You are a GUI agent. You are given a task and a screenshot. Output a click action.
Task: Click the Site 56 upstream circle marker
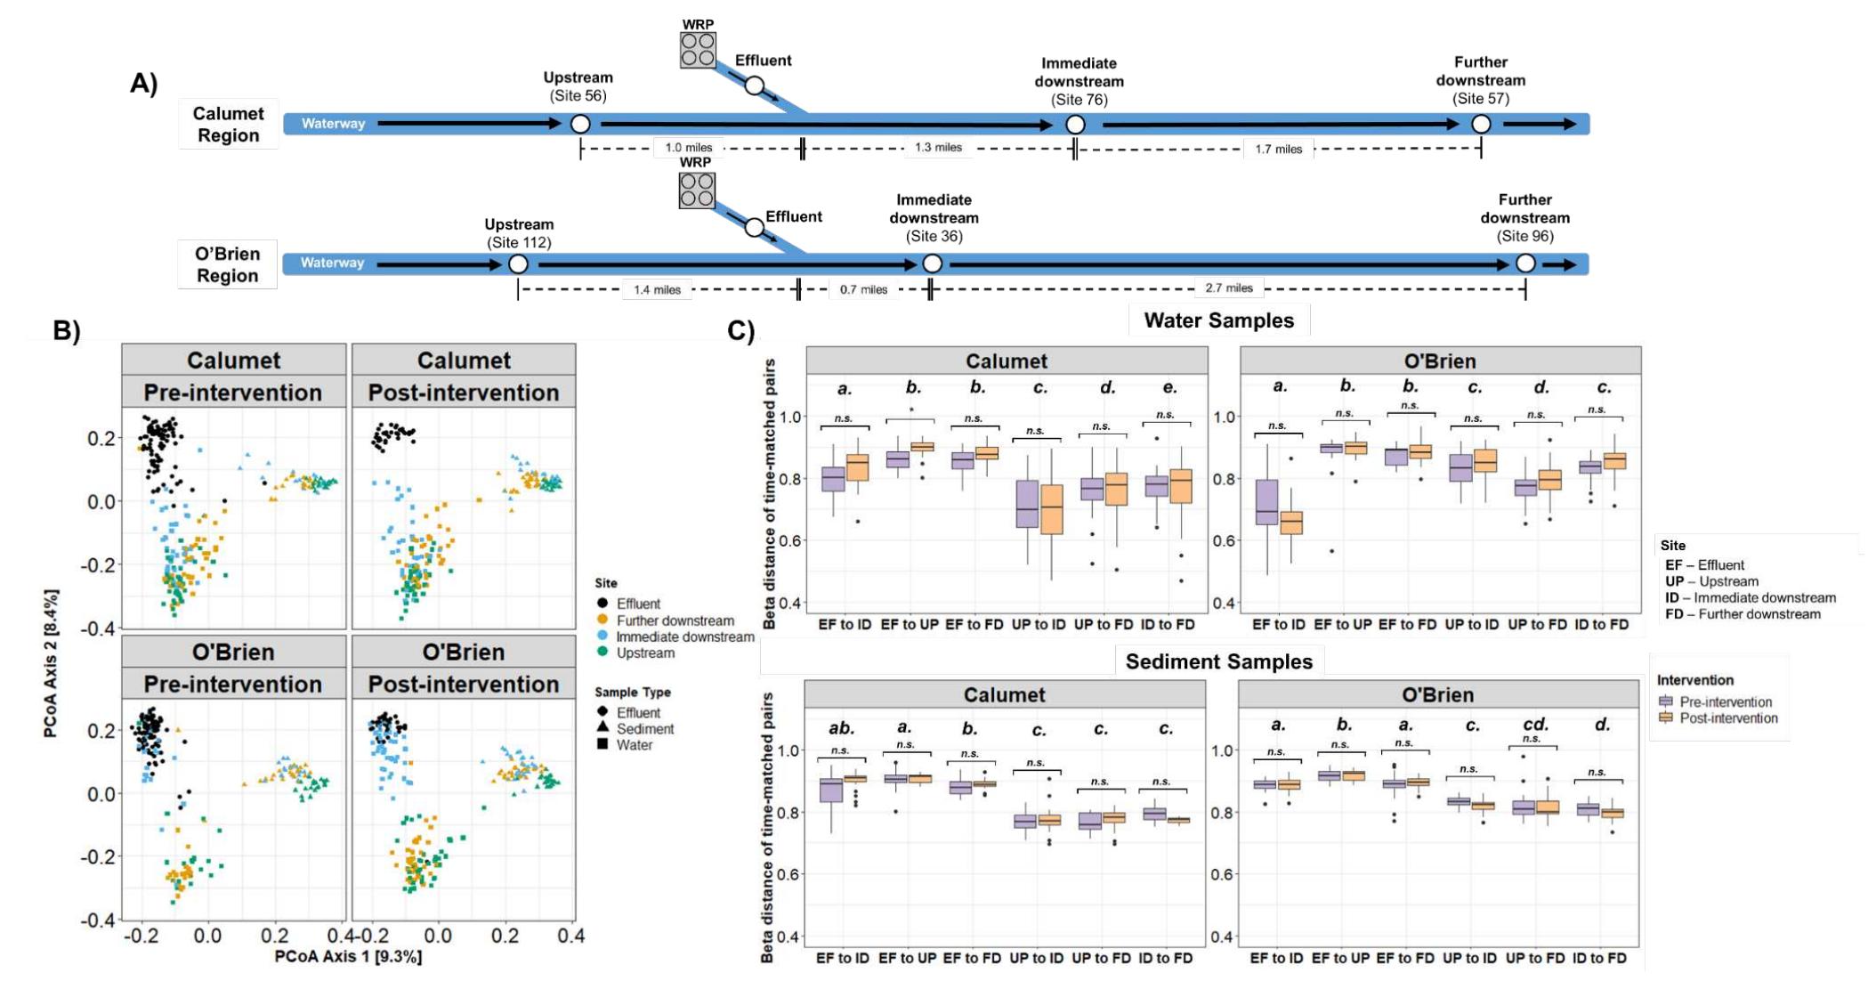[580, 124]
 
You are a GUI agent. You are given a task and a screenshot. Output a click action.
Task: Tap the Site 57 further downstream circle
[1481, 124]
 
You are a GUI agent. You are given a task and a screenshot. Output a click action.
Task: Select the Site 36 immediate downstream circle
[932, 263]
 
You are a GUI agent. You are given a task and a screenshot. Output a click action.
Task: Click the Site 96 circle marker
[1525, 263]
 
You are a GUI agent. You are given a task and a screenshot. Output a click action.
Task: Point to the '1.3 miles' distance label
[938, 148]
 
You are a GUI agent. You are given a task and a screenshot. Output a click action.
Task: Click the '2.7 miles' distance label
[1229, 288]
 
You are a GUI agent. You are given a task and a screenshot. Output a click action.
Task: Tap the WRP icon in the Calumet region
[698, 50]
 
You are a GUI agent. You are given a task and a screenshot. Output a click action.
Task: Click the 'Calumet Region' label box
[228, 124]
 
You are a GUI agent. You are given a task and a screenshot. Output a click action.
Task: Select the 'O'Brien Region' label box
[227, 264]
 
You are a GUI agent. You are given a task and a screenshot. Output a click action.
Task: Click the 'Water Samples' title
[1218, 320]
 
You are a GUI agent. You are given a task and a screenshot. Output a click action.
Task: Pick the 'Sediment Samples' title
[1218, 661]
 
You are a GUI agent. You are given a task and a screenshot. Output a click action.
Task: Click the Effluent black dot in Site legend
[602, 604]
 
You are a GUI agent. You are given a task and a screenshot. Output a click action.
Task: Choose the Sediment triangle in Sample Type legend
[602, 728]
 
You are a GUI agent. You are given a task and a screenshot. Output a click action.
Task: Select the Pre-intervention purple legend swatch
[1666, 701]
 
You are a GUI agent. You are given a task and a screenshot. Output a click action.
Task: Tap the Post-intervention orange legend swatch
[1666, 718]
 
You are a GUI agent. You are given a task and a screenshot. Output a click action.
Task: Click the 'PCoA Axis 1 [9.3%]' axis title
[348, 956]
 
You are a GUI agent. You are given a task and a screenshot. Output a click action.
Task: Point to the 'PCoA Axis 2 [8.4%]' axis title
[52, 663]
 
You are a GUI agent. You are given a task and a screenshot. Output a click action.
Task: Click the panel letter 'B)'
[67, 330]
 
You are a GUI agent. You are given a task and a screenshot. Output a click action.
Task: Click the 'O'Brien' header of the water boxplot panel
[1440, 361]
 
